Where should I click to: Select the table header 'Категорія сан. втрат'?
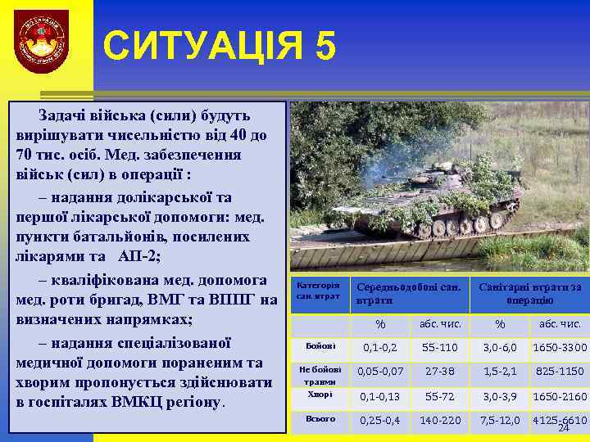click(x=318, y=291)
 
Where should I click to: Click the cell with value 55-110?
click(x=440, y=348)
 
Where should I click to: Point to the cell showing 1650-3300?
click(x=560, y=348)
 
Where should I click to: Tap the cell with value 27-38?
click(x=440, y=372)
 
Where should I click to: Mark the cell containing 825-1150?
click(x=560, y=372)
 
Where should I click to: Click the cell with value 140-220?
click(x=440, y=421)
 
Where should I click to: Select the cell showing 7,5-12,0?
click(x=500, y=421)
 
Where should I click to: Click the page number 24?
click(x=563, y=429)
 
